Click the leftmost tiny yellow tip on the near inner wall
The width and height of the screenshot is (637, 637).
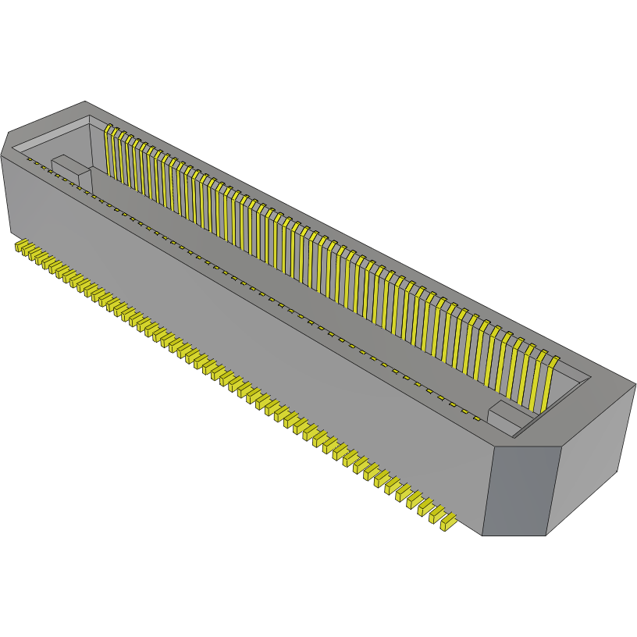(30, 160)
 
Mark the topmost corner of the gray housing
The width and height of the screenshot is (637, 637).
(84, 102)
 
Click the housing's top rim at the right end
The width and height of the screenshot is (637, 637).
(601, 390)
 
